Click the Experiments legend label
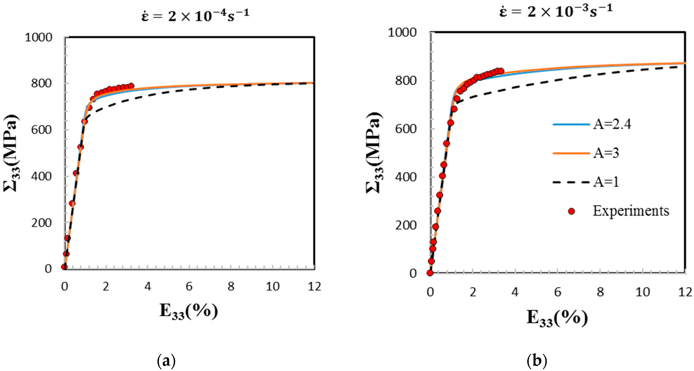point(631,211)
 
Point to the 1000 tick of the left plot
point(39,37)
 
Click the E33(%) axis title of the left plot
point(189,311)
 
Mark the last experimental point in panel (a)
point(131,86)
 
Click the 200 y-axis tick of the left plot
point(41,223)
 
